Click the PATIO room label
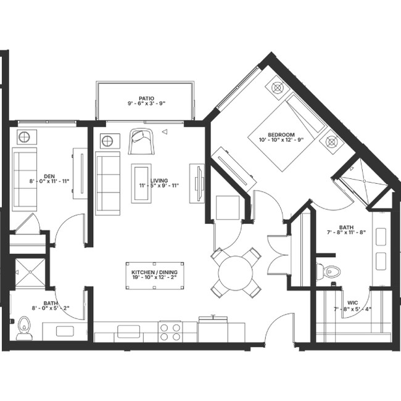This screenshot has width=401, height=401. coord(146,97)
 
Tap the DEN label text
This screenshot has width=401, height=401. coord(49,175)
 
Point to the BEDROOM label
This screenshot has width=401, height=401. coord(281,135)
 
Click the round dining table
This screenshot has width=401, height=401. coord(236,272)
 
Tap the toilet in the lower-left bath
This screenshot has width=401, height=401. coord(24,327)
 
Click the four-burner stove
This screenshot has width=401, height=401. coord(170,332)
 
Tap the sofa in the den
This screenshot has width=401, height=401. coord(24,179)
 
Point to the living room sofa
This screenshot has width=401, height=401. coord(107,183)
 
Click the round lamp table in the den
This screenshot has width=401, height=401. coord(24,137)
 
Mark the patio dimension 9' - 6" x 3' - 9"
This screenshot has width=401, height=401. coord(146,104)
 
